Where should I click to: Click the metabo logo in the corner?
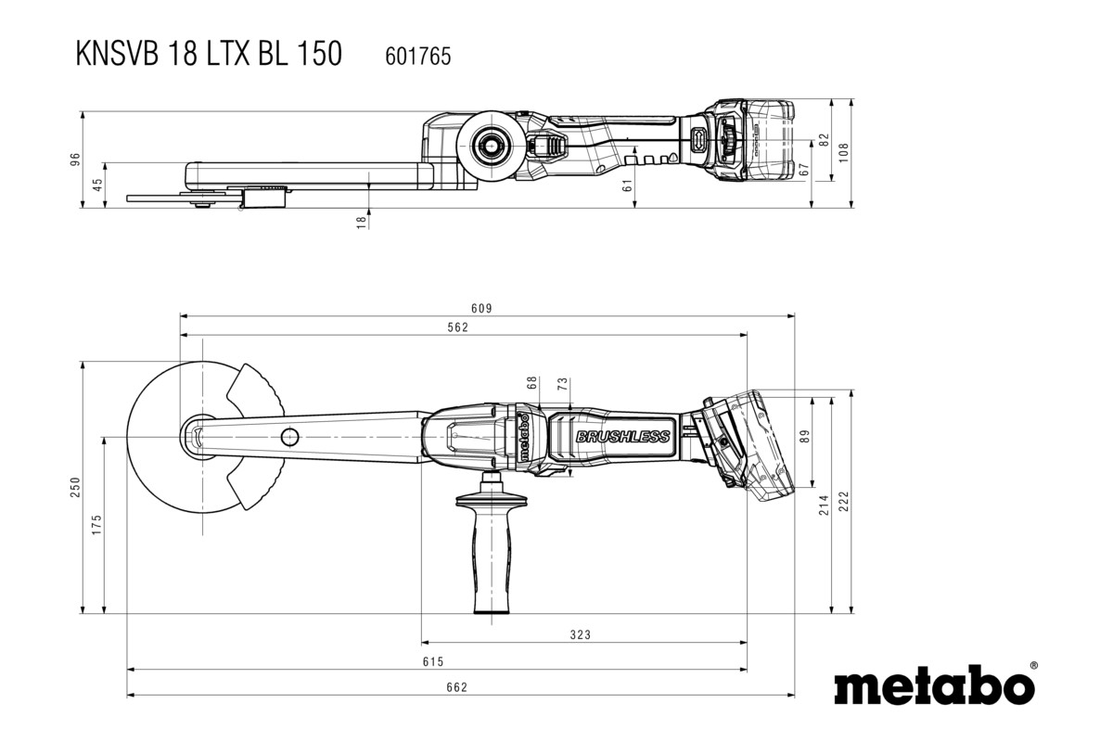(x=935, y=687)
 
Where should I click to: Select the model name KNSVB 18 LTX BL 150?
(x=209, y=55)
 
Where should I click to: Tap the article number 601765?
(x=417, y=57)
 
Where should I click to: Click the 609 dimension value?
(x=480, y=308)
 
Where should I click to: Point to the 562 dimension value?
(x=458, y=326)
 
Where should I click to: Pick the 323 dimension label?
(x=580, y=635)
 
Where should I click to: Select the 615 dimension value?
(x=433, y=661)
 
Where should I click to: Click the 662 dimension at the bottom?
(x=456, y=687)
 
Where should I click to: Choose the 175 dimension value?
(x=97, y=525)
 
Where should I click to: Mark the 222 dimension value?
(x=844, y=501)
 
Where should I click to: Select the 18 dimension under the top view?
(x=362, y=221)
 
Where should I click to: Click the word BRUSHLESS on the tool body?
(x=622, y=437)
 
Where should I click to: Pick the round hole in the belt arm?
(x=290, y=436)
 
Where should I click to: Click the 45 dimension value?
(x=97, y=185)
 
